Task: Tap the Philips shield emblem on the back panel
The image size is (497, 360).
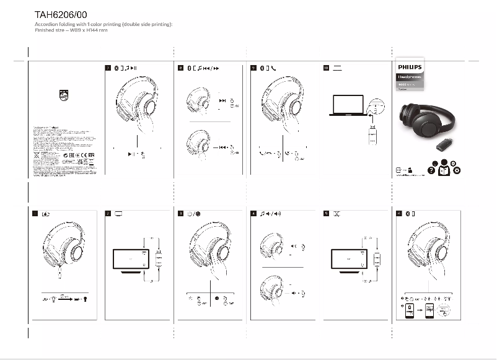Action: [64, 97]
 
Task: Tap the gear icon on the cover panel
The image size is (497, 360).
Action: [457, 170]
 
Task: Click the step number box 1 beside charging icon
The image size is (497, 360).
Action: [35, 214]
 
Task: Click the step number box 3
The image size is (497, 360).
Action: [180, 214]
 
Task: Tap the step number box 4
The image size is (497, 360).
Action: [253, 214]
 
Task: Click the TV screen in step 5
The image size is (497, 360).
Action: [348, 259]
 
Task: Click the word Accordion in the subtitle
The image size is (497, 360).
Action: [46, 24]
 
